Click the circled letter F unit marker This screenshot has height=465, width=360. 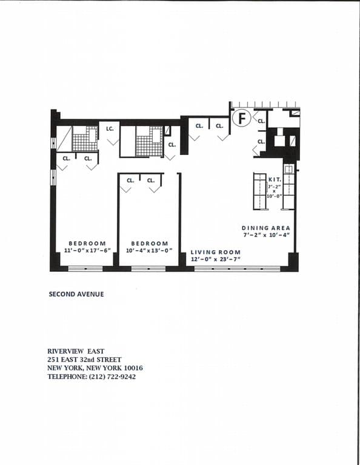[x=242, y=118]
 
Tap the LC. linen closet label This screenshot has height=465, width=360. [x=110, y=128]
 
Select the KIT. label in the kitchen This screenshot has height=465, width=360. [x=273, y=180]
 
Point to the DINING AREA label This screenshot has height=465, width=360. [x=266, y=228]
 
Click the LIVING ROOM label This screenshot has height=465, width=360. [x=216, y=252]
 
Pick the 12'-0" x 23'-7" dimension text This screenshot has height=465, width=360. [x=216, y=259]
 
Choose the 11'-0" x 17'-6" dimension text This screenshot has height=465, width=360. [x=87, y=250]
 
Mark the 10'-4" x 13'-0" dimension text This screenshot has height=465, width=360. [x=149, y=250]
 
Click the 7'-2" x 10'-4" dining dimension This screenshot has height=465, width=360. [x=267, y=234]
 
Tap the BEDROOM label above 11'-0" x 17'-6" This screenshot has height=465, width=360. [x=87, y=243]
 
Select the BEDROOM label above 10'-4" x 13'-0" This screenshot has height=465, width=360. [x=149, y=243]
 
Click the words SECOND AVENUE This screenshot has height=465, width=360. [x=76, y=294]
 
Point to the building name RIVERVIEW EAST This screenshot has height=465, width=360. [x=76, y=351]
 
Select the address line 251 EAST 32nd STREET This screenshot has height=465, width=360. [x=84, y=360]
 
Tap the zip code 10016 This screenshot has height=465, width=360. [x=132, y=368]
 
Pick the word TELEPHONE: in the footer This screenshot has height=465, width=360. [x=68, y=377]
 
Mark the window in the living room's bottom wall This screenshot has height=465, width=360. [x=228, y=268]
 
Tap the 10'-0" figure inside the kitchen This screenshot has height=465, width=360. [x=273, y=197]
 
